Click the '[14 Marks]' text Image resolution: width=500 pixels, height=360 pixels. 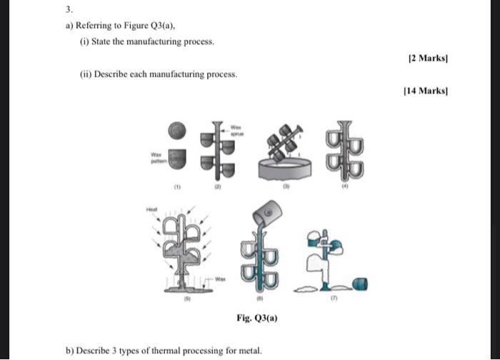coord(426,90)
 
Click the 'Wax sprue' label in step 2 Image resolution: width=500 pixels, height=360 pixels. coord(236,131)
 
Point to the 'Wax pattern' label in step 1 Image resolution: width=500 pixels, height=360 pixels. coord(156,156)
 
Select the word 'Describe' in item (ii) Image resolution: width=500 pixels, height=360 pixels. coord(109,74)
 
